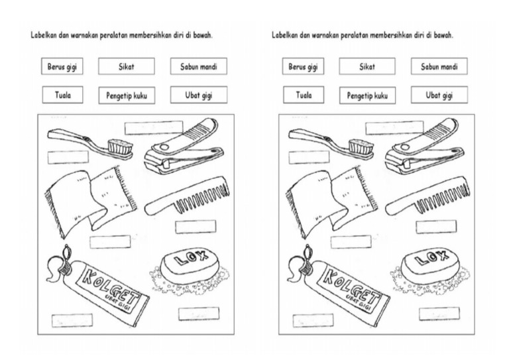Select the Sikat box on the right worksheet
367,66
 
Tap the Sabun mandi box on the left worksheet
198,66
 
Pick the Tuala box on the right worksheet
304,95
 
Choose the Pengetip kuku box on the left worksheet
127,95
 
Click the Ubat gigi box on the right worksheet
439,95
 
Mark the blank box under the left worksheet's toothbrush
68,157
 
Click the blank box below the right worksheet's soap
439,314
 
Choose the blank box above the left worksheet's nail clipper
154,127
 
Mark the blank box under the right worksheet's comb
436,227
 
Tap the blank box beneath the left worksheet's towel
110,241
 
